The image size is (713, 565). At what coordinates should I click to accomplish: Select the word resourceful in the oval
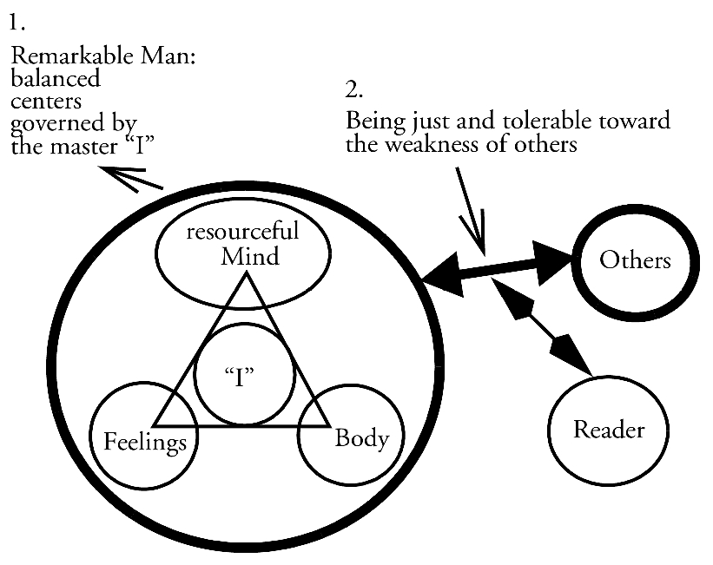tap(244, 233)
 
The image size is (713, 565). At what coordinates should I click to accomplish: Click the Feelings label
tap(145, 442)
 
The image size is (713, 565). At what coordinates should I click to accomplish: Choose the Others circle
tap(635, 260)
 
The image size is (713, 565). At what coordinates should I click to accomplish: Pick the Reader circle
tap(609, 429)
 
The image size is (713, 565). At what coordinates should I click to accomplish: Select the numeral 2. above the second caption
tap(353, 89)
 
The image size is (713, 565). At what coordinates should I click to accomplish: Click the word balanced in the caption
tap(55, 81)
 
